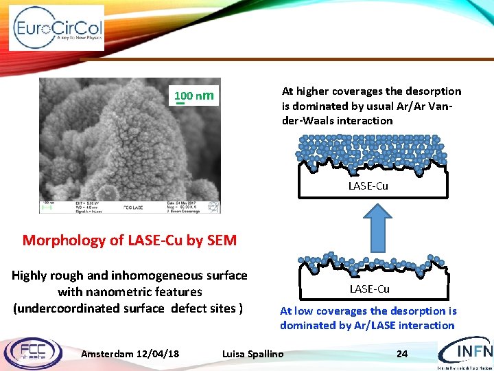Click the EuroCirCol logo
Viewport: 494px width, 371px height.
[57, 28]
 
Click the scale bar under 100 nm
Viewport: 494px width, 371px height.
[180, 104]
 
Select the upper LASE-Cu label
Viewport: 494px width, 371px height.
[368, 185]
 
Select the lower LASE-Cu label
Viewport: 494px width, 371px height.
[369, 289]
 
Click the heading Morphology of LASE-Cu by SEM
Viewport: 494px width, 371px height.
[130, 240]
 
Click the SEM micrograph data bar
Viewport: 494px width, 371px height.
[130, 206]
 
